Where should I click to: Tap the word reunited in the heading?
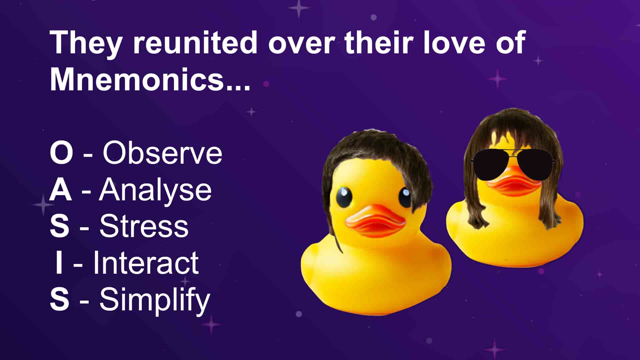pos(195,42)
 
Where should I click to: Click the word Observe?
pos(162,153)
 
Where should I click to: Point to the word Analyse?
pos(155,190)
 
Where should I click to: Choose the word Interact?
pos(146,263)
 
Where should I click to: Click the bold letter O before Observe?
pos(61,153)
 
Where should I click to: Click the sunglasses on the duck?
pos(513,164)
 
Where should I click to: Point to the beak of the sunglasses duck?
pos(514,183)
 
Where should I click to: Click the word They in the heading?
pos(86,42)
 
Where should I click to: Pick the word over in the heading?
pos(301,45)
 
